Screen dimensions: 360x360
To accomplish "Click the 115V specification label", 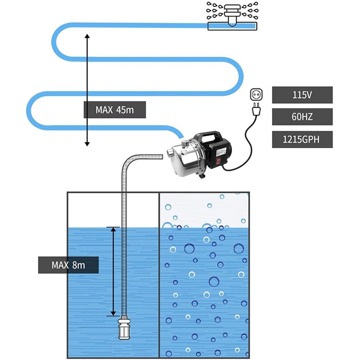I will (302, 95).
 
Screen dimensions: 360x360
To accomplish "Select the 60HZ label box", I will (302, 117).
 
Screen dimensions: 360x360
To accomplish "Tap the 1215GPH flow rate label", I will (302, 139).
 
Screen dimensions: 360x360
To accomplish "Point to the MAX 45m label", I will (115, 109).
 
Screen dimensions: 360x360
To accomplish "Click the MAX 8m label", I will (68, 265).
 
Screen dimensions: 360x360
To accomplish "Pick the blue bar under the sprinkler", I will (233, 26).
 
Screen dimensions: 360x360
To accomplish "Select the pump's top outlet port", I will (184, 144).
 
